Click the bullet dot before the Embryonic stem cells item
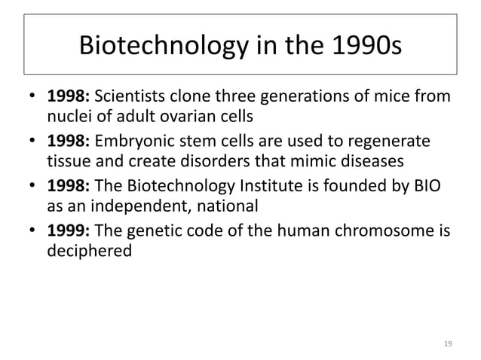pyautogui.click(x=34, y=143)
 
